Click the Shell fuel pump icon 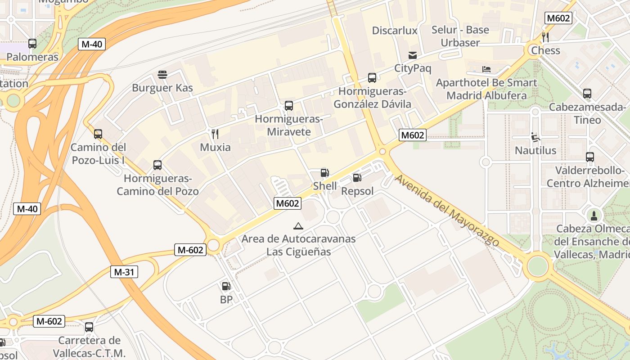[324, 173]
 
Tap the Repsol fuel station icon [357, 178]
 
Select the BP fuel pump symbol [226, 286]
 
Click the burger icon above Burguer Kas [162, 75]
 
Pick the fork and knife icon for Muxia [215, 134]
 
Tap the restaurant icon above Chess [545, 37]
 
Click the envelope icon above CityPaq [413, 55]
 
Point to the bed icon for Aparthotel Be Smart [486, 69]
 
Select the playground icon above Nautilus [535, 137]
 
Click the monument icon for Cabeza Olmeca [594, 216]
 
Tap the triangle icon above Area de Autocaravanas [298, 226]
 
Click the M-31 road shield [124, 272]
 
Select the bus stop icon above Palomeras [32, 44]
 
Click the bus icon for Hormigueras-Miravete [289, 106]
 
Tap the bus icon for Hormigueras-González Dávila [372, 78]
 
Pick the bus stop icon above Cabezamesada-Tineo [587, 94]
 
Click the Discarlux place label [395, 31]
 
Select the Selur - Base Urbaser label [460, 36]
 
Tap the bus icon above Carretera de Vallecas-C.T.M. [89, 327]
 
